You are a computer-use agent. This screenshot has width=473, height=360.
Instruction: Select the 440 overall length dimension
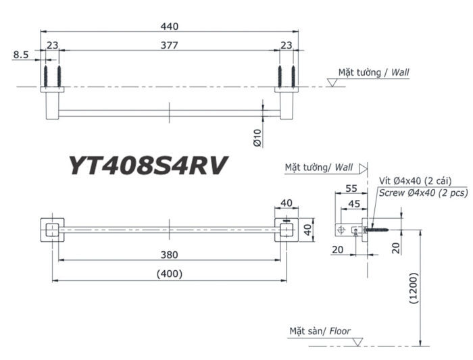(x=169, y=26)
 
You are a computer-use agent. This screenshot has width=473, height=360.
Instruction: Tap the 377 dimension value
(x=169, y=46)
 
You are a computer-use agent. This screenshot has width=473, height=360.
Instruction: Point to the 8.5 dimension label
(x=20, y=57)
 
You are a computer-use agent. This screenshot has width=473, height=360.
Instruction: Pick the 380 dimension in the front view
(x=169, y=255)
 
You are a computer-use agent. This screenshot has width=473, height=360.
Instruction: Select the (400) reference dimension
(x=169, y=274)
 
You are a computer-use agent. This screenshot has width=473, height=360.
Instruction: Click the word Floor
(x=339, y=331)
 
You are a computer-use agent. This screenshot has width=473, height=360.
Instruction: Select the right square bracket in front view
(x=287, y=229)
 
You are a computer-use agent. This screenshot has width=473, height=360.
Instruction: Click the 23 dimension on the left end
(x=52, y=46)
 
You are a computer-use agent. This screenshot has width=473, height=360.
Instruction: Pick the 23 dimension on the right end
(x=287, y=46)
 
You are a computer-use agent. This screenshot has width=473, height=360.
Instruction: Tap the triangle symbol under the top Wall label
(x=332, y=82)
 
